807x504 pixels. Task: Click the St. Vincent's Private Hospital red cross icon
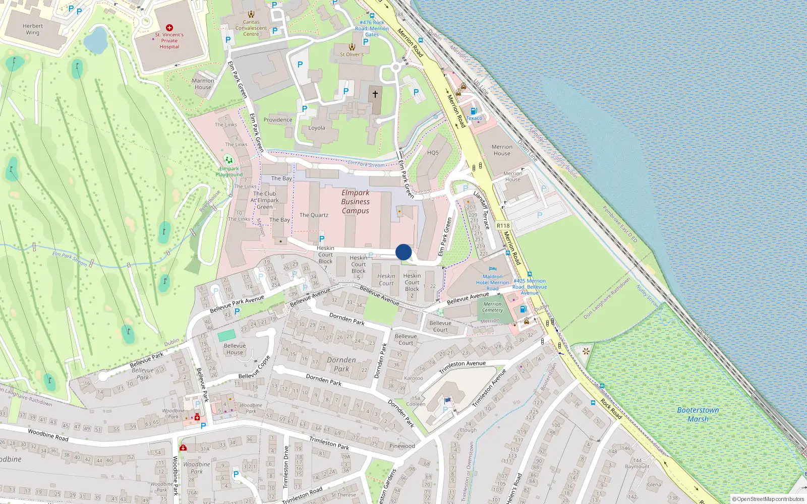(169, 28)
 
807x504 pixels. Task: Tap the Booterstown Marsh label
(698, 414)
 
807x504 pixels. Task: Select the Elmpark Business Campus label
(355, 202)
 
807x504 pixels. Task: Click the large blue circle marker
(403, 252)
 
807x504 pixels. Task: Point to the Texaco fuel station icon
(474, 111)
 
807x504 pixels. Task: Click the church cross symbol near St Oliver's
(375, 94)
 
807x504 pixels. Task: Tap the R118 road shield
(503, 226)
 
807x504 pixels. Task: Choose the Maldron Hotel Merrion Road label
(492, 282)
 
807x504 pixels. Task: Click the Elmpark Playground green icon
(229, 161)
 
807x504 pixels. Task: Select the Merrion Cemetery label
(492, 307)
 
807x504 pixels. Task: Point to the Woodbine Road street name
(48, 435)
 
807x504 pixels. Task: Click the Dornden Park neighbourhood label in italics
(341, 364)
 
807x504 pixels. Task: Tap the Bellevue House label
(235, 349)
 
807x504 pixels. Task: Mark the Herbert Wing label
(33, 29)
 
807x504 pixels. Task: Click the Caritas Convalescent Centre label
(251, 28)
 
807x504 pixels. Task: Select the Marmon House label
(203, 84)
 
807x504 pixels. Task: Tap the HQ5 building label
(433, 153)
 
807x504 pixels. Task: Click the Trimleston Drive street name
(286, 467)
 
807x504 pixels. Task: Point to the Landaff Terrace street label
(482, 209)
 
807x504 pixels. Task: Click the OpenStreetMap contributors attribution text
(768, 499)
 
